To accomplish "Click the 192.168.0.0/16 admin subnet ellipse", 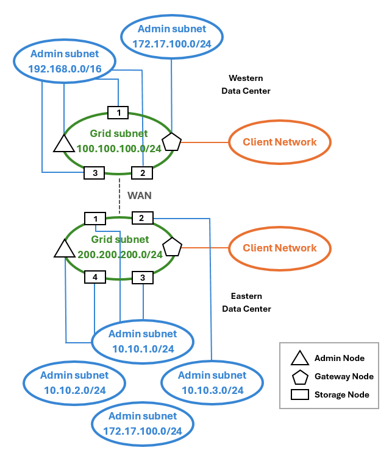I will click(x=65, y=61).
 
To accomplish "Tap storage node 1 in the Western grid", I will click(x=118, y=113).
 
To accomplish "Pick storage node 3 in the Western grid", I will click(x=94, y=173).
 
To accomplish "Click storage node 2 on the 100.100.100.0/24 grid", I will click(x=142, y=173).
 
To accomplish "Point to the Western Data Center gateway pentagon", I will click(x=172, y=142).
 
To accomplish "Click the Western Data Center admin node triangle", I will click(x=63, y=144).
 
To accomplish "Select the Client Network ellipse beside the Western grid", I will click(x=280, y=142).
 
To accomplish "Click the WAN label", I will click(x=139, y=195).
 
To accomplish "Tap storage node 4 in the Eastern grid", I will click(x=94, y=277).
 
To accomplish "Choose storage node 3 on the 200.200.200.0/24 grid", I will click(x=142, y=278).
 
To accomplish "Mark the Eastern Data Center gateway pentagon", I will click(x=172, y=247).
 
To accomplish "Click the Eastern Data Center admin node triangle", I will click(x=63, y=248).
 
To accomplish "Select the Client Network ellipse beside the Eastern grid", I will click(x=280, y=248).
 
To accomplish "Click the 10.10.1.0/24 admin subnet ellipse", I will click(x=142, y=342).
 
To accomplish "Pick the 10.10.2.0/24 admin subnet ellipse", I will click(x=74, y=383).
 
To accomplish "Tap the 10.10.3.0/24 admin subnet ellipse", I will click(x=212, y=383).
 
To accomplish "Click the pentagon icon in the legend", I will click(x=299, y=376).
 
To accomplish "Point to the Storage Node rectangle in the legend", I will click(x=299, y=395).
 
